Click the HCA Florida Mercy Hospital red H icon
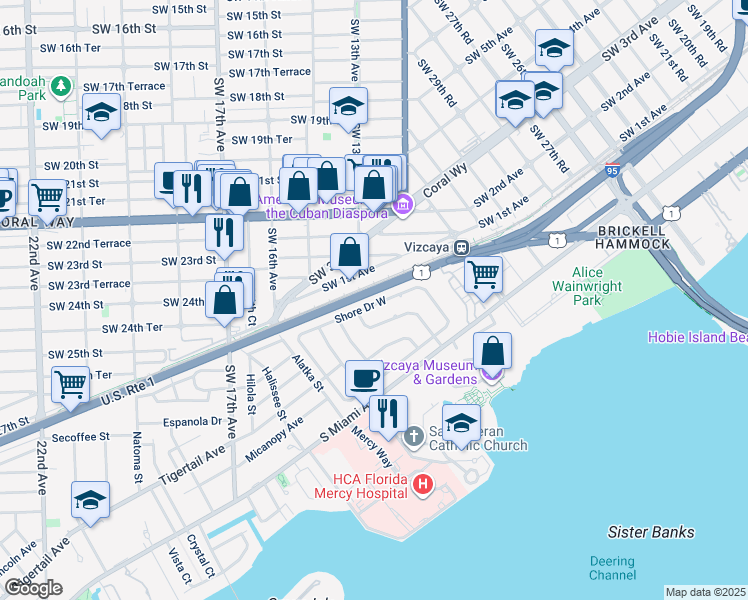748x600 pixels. point(422,485)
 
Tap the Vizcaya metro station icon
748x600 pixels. point(462,247)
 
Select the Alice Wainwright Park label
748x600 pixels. point(600,286)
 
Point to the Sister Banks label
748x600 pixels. point(651,532)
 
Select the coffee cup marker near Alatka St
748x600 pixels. point(364,378)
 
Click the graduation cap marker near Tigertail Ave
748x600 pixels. point(90,500)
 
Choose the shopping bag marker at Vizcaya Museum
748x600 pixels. point(492,350)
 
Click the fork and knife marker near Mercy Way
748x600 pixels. point(388,411)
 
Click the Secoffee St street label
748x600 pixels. point(80,436)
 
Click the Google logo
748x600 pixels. point(33,588)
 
